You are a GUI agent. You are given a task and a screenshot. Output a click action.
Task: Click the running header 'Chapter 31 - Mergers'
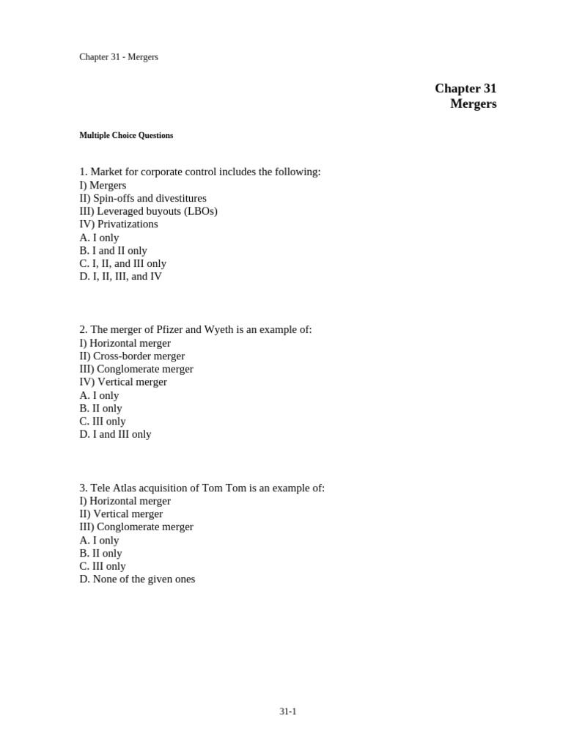click(x=119, y=57)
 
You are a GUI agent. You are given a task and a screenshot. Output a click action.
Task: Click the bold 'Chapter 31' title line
click(x=466, y=89)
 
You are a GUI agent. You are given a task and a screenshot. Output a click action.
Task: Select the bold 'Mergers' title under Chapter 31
click(x=473, y=104)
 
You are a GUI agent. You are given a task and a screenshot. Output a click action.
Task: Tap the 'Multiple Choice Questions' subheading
click(x=126, y=136)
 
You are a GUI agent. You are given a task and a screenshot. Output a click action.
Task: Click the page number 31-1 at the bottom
click(x=287, y=711)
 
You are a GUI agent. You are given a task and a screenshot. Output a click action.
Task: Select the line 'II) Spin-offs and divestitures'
click(x=143, y=199)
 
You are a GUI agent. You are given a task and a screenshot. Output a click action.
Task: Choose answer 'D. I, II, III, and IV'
click(x=120, y=276)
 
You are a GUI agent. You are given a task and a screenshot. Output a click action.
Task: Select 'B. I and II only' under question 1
click(x=113, y=251)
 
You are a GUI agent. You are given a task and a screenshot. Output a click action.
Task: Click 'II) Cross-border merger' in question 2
click(x=132, y=356)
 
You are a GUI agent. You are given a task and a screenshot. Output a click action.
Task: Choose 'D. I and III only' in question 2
click(x=115, y=434)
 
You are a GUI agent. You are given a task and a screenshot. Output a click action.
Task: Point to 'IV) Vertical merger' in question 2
click(x=123, y=382)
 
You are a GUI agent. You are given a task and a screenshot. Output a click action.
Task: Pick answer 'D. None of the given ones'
click(x=137, y=579)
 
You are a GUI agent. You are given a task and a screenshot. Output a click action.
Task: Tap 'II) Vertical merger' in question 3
click(x=121, y=514)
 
